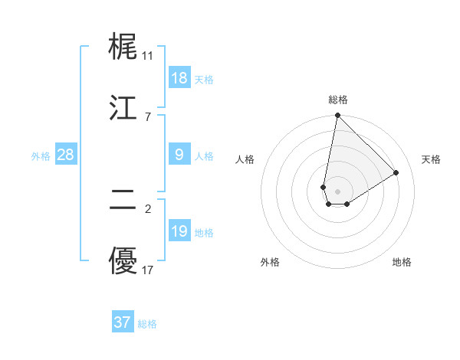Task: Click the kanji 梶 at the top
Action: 123,47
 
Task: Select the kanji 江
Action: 123,107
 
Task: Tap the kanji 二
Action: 123,201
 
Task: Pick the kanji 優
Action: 123,263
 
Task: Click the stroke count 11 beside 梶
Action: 147,56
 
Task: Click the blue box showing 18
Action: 179,78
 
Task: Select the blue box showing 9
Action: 179,155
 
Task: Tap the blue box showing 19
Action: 179,231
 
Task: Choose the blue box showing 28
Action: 66,155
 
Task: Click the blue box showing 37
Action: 123,322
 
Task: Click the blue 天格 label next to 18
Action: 204,80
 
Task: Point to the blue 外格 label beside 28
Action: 41,156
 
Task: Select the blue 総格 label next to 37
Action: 147,324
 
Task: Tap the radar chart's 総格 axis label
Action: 338,100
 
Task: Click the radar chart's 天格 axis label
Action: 432,159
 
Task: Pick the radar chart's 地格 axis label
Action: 402,262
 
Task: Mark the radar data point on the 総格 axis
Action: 337,116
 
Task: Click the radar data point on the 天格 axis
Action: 396,172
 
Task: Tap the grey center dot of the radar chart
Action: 337,191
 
